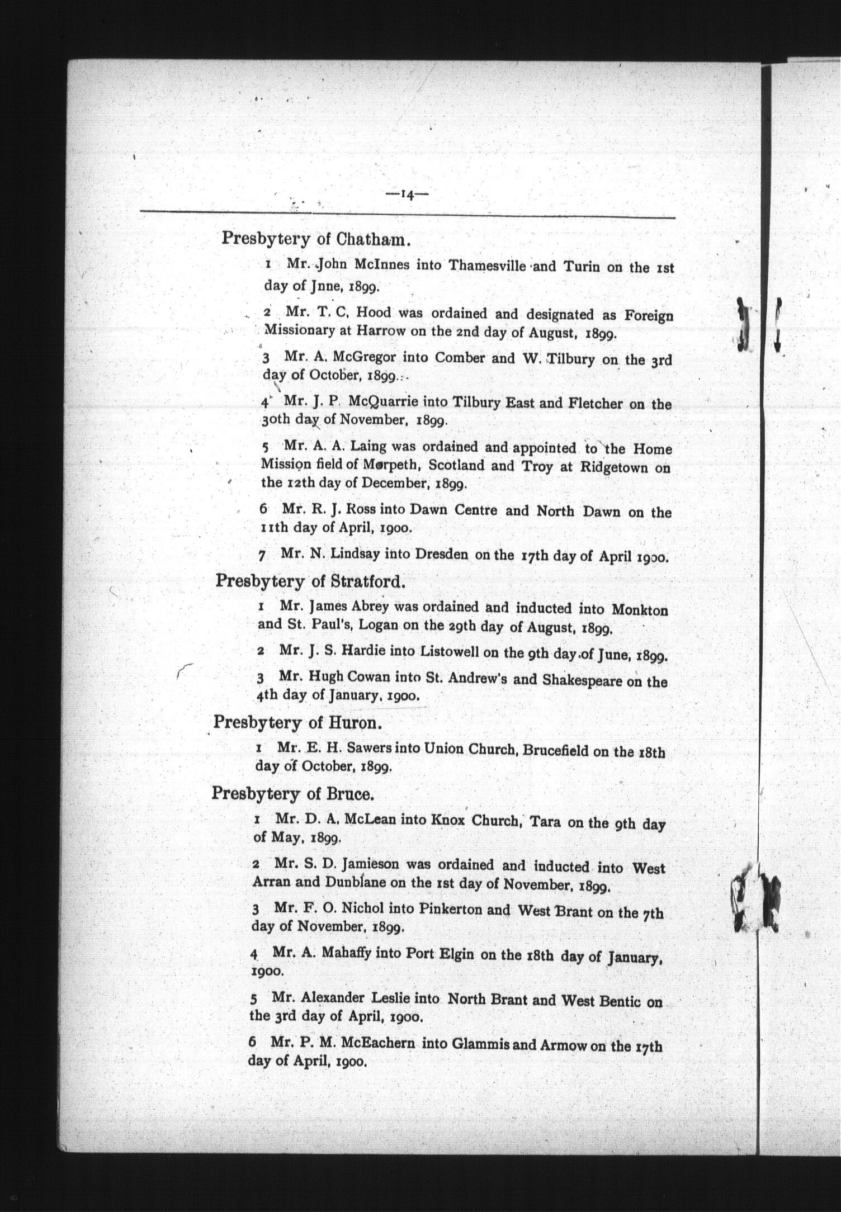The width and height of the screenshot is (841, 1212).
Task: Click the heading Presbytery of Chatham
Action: coord(316,239)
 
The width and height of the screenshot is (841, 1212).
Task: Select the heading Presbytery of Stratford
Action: coord(310,581)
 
